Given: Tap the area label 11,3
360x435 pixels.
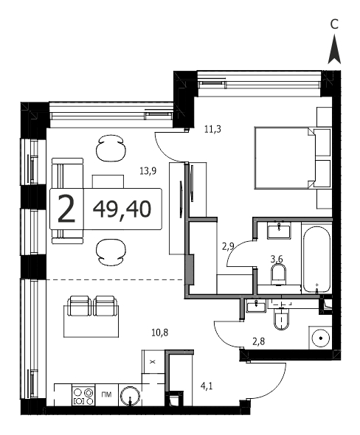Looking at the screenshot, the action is (212, 129).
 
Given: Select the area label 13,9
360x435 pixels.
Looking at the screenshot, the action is (148, 171).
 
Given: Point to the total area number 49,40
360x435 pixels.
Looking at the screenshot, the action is (122, 209).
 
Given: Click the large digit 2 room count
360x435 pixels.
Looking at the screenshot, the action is (66, 209).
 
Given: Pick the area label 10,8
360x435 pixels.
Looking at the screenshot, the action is (160, 332).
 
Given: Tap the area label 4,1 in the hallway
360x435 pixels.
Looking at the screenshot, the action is (207, 386).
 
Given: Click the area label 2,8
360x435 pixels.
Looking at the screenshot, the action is (258, 341).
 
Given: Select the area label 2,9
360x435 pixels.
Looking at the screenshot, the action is (229, 246).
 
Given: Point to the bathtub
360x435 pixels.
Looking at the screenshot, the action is (316, 259).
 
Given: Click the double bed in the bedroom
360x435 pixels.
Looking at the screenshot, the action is (285, 158).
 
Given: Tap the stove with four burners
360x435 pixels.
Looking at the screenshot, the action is (83, 395).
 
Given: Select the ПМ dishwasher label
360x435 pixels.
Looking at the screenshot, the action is (106, 394).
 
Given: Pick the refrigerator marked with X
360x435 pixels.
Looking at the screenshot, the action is (153, 362).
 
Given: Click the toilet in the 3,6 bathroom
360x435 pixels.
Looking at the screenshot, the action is (278, 274).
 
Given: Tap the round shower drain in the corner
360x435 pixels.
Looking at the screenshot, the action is (321, 338).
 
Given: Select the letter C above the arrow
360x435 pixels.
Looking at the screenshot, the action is (334, 24).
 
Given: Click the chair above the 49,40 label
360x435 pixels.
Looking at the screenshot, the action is (110, 149).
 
